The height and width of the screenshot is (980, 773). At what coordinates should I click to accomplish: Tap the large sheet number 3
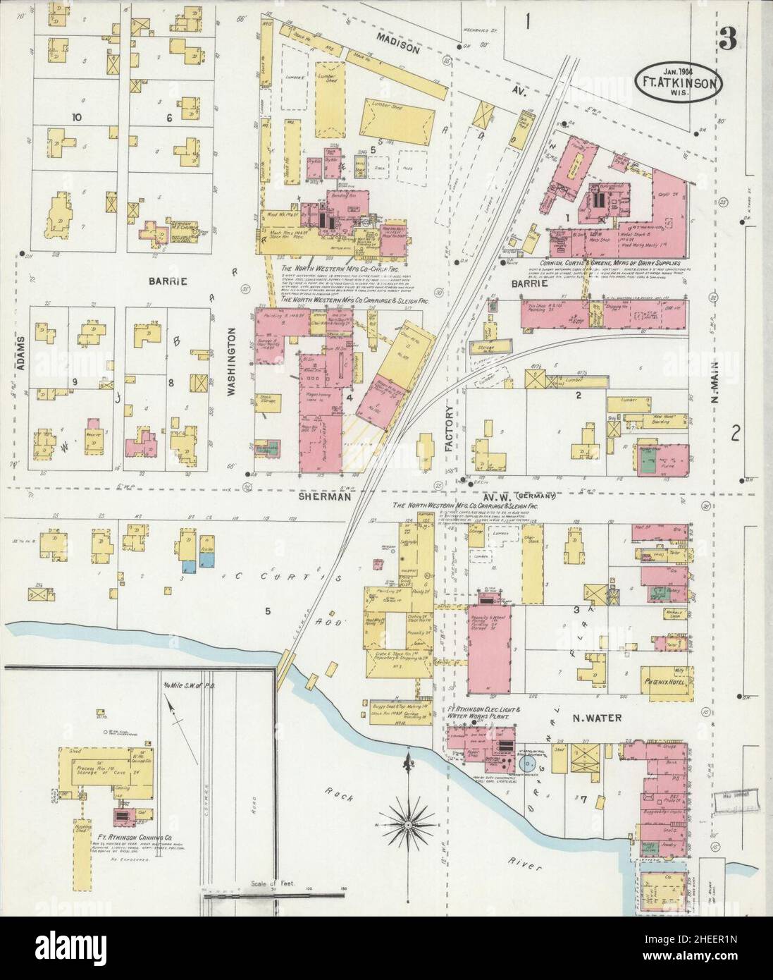pyautogui.click(x=728, y=41)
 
